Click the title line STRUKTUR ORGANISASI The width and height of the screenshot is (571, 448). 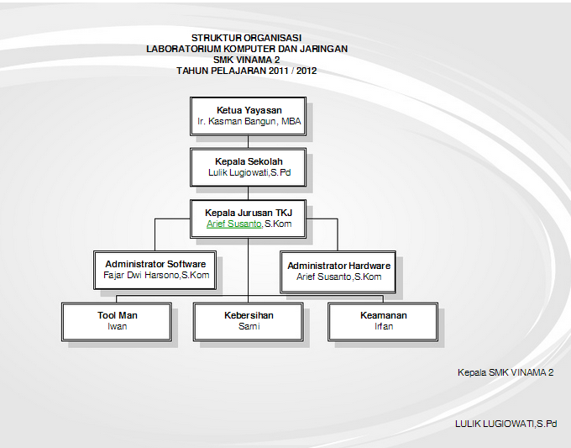247,38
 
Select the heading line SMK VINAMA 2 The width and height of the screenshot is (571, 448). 247,60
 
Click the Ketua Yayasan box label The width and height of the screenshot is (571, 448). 249,110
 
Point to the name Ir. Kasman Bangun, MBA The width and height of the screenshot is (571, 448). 249,121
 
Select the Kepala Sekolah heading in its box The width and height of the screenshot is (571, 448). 249,161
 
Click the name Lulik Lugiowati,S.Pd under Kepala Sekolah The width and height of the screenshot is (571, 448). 249,172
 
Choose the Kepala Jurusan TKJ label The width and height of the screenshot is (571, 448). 249,213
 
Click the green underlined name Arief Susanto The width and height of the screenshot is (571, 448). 233,224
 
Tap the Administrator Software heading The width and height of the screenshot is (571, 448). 155,264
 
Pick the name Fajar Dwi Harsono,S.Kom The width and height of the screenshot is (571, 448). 156,275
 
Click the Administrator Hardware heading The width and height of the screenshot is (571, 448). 338,266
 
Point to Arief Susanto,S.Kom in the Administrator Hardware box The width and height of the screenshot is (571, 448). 338,277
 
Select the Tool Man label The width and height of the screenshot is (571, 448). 118,315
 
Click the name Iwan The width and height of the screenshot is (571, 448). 118,326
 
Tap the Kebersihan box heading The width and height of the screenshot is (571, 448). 249,315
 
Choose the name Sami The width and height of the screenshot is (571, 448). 249,326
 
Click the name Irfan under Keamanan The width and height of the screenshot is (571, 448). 384,326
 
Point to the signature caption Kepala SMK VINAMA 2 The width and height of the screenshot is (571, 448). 506,372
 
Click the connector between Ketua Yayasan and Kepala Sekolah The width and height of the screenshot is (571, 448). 248,142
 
